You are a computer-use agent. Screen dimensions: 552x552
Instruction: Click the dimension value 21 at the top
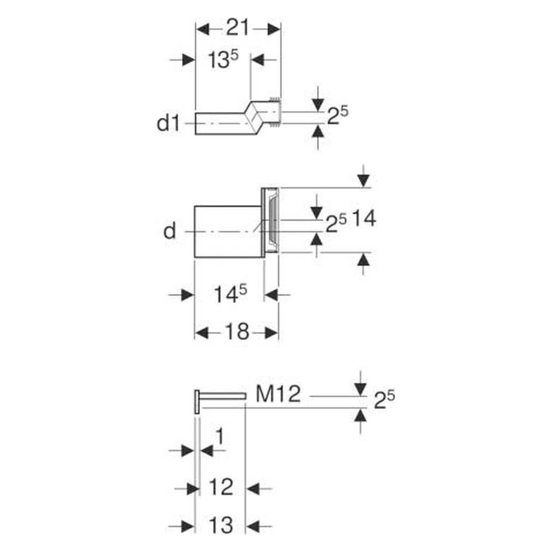click(x=238, y=29)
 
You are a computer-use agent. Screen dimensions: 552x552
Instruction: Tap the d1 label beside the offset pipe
click(x=168, y=124)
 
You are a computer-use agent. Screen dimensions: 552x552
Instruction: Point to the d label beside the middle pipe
click(x=170, y=232)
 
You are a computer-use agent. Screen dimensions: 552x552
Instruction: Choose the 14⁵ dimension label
click(x=231, y=295)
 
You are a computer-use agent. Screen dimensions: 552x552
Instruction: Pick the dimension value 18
click(x=237, y=332)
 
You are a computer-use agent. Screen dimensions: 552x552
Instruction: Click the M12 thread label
click(x=278, y=394)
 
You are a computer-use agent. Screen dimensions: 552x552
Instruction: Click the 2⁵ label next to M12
click(x=384, y=400)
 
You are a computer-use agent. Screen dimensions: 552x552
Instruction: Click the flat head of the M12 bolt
click(x=197, y=402)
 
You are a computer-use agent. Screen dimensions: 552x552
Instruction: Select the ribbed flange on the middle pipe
click(x=271, y=220)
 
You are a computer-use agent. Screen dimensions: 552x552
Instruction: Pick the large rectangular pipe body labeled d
click(x=227, y=232)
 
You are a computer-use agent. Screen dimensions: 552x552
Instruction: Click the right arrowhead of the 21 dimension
click(x=274, y=29)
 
